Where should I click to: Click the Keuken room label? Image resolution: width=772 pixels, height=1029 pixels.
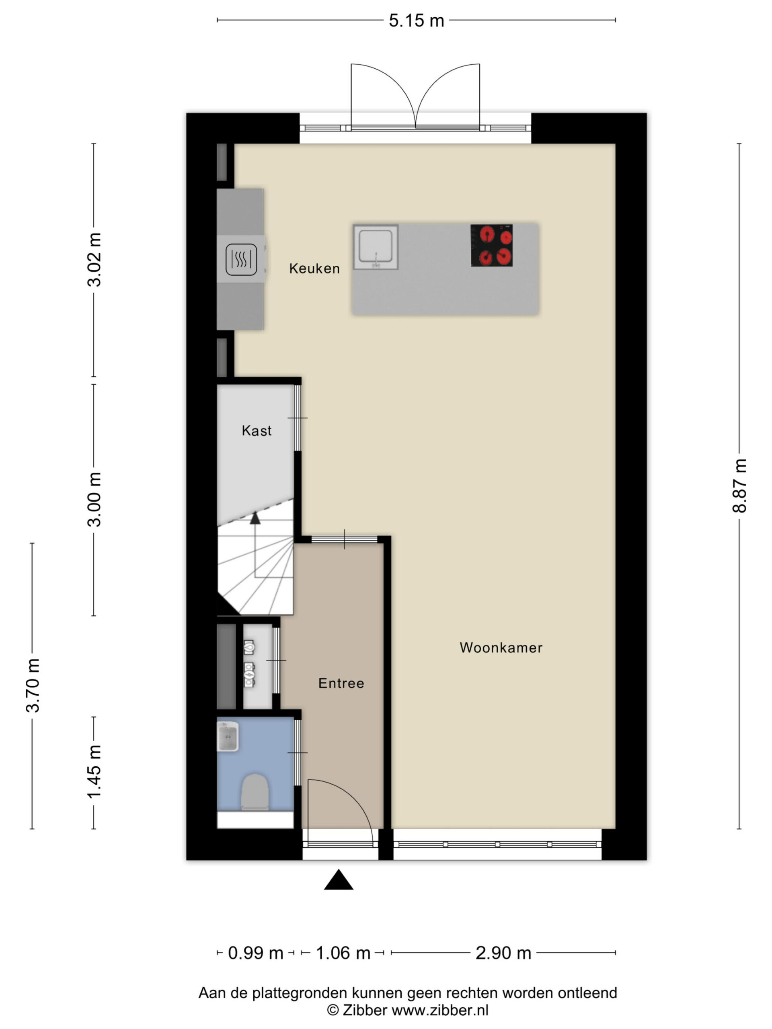tap(314, 269)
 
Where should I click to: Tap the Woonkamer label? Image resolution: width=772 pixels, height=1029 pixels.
tap(501, 648)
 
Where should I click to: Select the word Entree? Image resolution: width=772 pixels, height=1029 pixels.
tap(341, 683)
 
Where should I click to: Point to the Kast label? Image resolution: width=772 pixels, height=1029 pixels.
tap(257, 430)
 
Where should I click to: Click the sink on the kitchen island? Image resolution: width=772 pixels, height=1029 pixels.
tap(375, 247)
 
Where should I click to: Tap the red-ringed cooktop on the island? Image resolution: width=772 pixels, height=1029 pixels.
tap(491, 245)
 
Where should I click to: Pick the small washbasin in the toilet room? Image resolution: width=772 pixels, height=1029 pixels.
tap(228, 736)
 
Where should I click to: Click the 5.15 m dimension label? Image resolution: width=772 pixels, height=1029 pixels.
tap(417, 20)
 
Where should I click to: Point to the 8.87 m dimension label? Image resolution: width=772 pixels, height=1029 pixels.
tap(739, 486)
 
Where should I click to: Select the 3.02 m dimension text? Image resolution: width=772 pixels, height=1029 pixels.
tap(94, 259)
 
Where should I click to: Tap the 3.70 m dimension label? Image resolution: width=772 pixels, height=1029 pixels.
tap(33, 685)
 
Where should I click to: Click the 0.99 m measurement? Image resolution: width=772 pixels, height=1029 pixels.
tap(255, 953)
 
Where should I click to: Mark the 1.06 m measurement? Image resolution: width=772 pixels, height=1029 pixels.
tap(343, 953)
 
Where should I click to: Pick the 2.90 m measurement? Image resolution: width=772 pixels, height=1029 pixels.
tap(503, 953)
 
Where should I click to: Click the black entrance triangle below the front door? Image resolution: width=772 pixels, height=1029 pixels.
tap(338, 879)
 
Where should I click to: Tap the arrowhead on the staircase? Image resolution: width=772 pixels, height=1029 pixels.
tap(255, 518)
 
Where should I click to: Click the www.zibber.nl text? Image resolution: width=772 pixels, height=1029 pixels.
tap(440, 1010)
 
